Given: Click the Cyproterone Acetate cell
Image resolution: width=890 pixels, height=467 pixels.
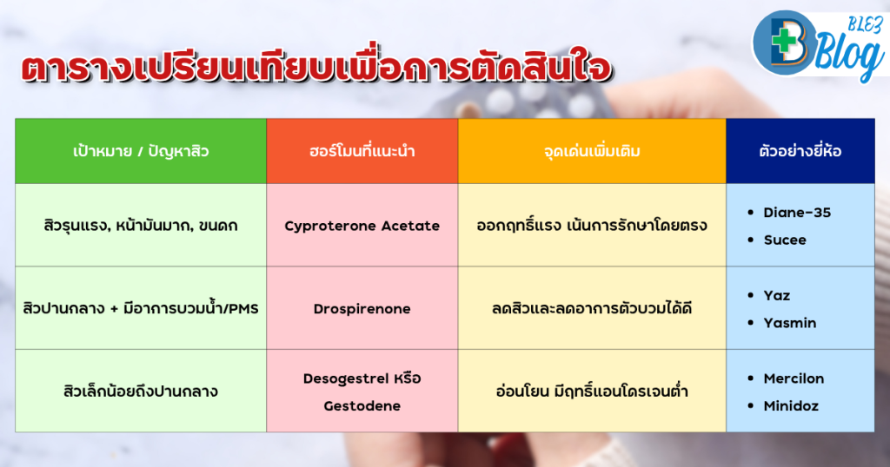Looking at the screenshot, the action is [x=362, y=225].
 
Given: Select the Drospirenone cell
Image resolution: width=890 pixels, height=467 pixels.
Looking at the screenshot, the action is [x=362, y=308].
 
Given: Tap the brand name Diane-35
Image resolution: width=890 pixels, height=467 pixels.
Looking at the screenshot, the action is [x=797, y=213].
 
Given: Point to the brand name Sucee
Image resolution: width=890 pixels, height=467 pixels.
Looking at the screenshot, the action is [x=785, y=240].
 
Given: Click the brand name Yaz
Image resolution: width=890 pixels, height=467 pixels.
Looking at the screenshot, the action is [x=776, y=295].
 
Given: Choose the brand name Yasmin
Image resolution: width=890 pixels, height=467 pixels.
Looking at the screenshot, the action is [x=789, y=323].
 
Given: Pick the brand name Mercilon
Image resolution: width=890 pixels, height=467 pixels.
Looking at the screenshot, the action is [x=794, y=378].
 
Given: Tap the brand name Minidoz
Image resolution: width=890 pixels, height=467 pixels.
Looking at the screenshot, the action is [x=791, y=405].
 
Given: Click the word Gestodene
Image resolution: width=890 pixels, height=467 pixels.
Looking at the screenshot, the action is [x=362, y=405].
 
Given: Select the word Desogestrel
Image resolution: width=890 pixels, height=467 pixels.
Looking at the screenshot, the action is [x=346, y=378].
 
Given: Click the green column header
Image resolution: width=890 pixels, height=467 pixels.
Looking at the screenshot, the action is [x=141, y=151].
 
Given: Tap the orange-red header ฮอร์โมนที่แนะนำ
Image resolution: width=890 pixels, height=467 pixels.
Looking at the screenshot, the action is [x=362, y=151].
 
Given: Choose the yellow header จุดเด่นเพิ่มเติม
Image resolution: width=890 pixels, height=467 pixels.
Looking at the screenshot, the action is [x=592, y=151].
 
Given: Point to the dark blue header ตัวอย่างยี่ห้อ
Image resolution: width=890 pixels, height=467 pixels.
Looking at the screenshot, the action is [x=800, y=151].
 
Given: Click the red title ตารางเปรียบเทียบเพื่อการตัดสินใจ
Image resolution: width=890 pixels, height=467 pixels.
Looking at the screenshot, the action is [x=316, y=67].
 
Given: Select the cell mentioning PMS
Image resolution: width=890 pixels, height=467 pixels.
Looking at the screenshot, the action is [x=141, y=308].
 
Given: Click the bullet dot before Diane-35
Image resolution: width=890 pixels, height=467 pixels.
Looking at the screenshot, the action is [x=751, y=213].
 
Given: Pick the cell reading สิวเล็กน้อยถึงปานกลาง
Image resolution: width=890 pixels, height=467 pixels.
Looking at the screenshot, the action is [x=141, y=391].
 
